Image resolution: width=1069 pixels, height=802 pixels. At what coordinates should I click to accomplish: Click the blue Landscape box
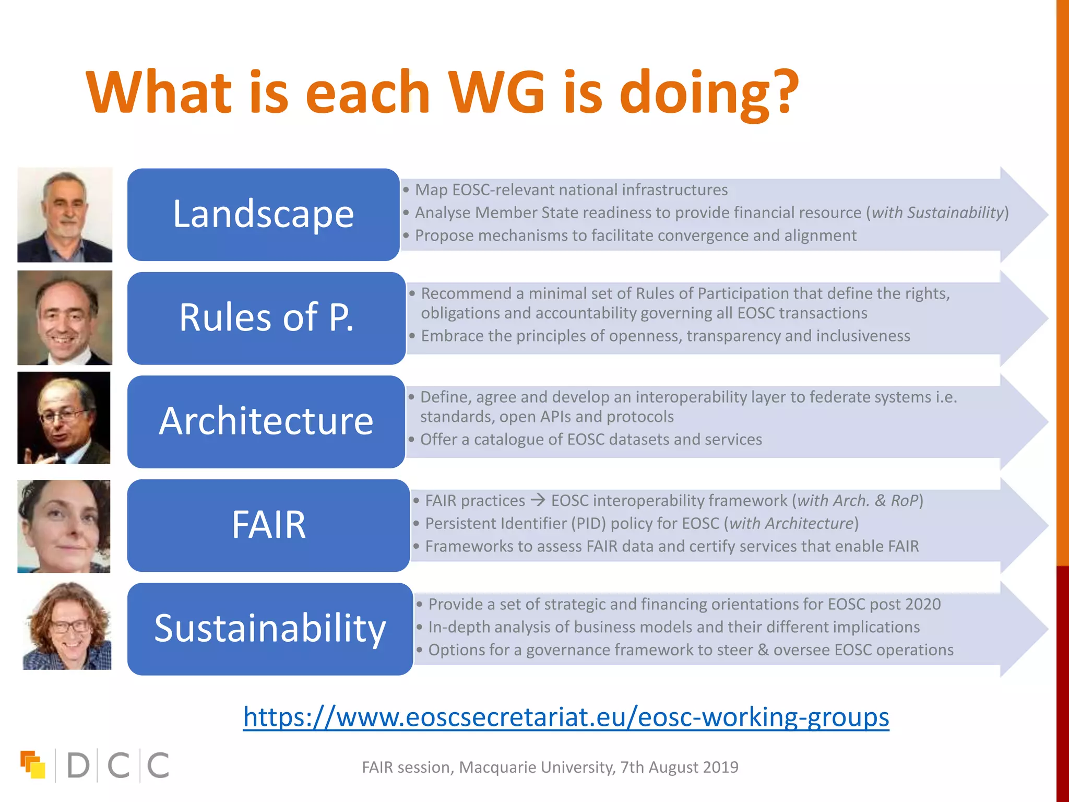pyautogui.click(x=264, y=214)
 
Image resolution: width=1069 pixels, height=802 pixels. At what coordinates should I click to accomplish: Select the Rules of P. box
pyautogui.click(x=266, y=317)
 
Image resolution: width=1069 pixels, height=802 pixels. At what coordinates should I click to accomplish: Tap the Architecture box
pyautogui.click(x=266, y=421)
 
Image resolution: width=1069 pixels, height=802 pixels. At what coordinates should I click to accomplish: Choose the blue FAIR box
pyautogui.click(x=268, y=525)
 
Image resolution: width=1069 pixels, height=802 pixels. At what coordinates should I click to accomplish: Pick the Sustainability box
pyautogui.click(x=270, y=628)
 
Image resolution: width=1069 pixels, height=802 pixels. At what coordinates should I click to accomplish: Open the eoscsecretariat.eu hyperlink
pyautogui.click(x=566, y=716)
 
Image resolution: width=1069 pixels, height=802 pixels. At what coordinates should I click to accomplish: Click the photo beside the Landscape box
pyautogui.click(x=65, y=215)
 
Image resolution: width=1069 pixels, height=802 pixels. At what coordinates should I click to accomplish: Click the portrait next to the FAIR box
pyautogui.click(x=64, y=526)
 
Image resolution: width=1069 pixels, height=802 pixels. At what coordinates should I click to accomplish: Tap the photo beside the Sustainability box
pyautogui.click(x=67, y=626)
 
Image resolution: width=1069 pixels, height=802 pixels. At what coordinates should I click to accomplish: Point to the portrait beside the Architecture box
pyautogui.click(x=64, y=418)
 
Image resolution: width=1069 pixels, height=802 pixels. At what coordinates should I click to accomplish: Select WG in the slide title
pyautogui.click(x=496, y=93)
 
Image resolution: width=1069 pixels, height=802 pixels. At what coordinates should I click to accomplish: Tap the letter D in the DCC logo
pyautogui.click(x=78, y=765)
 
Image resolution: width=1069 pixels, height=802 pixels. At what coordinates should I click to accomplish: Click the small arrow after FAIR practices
pyautogui.click(x=538, y=500)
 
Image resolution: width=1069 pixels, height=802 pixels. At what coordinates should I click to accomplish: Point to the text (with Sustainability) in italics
pyautogui.click(x=937, y=213)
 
